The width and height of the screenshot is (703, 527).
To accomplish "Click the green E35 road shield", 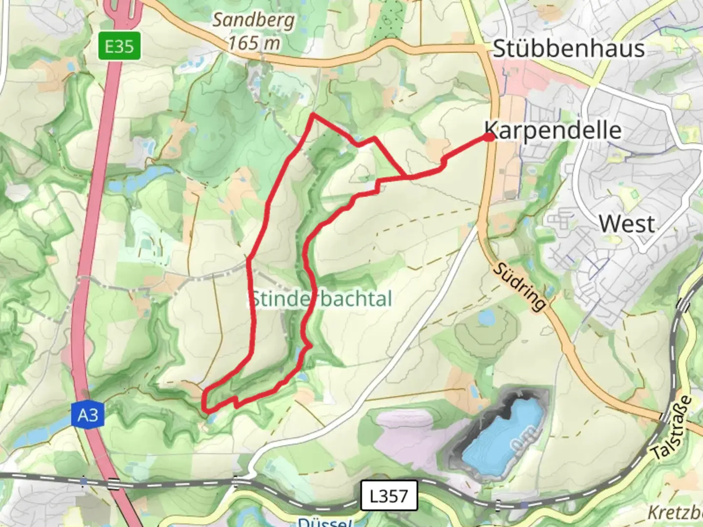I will pyautogui.click(x=119, y=46).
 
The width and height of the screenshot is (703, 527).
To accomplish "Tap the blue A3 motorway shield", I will pyautogui.click(x=87, y=415).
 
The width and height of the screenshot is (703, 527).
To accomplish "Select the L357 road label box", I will pyautogui.click(x=389, y=496).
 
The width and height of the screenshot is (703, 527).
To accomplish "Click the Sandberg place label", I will pyautogui.click(x=253, y=20).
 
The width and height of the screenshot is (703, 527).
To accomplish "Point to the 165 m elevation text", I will pyautogui.click(x=254, y=43).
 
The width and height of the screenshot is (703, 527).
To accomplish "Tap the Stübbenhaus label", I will pyautogui.click(x=568, y=49).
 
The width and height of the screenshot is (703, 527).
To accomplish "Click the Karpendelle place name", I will pyautogui.click(x=554, y=131).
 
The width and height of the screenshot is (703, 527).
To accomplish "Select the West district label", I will pyautogui.click(x=627, y=224).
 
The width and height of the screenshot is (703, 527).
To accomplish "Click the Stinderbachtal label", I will pyautogui.click(x=321, y=299).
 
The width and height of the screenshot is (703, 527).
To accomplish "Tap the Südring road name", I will pyautogui.click(x=519, y=286).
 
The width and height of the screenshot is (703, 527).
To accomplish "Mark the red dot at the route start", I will pyautogui.click(x=489, y=138).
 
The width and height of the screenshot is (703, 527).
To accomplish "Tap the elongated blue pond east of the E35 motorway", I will pyautogui.click(x=142, y=176).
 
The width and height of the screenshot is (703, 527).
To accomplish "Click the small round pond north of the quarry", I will pyautogui.click(x=487, y=317).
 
